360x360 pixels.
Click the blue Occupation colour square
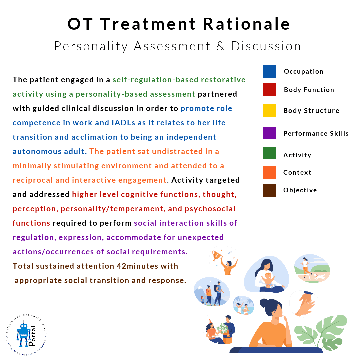coord(269,71)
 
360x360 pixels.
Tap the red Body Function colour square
coord(269,90)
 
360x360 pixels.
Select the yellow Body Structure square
coord(269,111)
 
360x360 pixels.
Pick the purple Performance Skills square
coord(269,133)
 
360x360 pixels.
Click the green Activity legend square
coord(269,153)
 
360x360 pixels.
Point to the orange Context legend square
coord(269,173)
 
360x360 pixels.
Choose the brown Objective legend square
coord(269,190)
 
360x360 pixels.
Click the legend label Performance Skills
coord(316,133)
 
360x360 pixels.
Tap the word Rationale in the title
coord(247,24)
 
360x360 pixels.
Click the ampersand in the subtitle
coord(220,46)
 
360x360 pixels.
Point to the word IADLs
coord(124,123)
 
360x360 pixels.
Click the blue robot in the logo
coord(23,335)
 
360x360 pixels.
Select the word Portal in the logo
coord(32,336)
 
